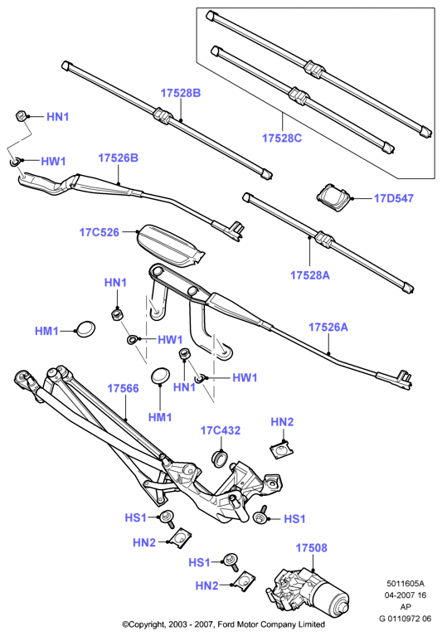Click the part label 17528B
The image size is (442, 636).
pyautogui.click(x=181, y=93)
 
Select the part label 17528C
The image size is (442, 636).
pyautogui.click(x=282, y=138)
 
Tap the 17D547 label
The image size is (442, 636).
pyautogui.click(x=393, y=198)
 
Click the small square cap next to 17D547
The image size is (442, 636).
pyautogui.click(x=334, y=197)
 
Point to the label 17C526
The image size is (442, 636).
pyautogui.click(x=100, y=232)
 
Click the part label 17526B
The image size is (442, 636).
pyautogui.click(x=118, y=158)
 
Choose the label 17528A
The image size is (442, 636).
pyautogui.click(x=310, y=275)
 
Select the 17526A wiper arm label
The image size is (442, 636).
pyautogui.click(x=328, y=327)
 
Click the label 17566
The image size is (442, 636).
pyautogui.click(x=123, y=389)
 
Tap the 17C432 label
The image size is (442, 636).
pyautogui.click(x=221, y=430)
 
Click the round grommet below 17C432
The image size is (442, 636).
pyautogui.click(x=221, y=458)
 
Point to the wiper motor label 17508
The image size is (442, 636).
pyautogui.click(x=311, y=548)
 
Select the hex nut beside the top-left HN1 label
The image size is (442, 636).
pyautogui.click(x=21, y=115)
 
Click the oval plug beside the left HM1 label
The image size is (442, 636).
pyautogui.click(x=85, y=329)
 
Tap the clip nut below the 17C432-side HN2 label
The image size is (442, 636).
pyautogui.click(x=281, y=449)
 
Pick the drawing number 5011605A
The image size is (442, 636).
pyautogui.click(x=406, y=584)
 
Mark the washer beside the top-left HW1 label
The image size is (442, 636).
pyautogui.click(x=15, y=162)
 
